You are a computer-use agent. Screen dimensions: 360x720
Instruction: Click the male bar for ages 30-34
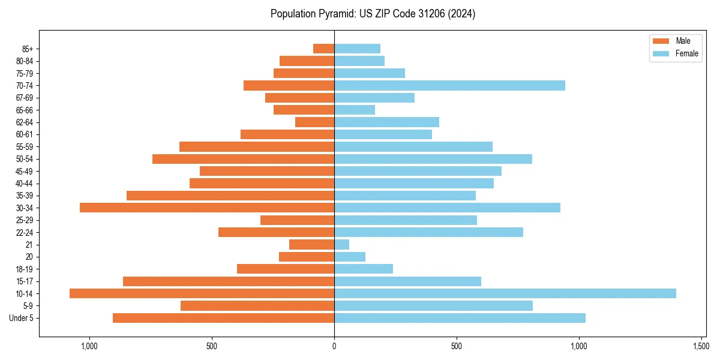[x=207, y=208]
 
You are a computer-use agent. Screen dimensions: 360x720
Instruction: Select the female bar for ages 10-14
[x=505, y=293]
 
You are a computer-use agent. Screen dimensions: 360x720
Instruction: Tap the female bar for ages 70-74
[x=449, y=85]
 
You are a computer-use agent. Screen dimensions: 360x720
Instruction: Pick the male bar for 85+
[x=323, y=49]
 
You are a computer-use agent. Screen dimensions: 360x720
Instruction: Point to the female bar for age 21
[x=341, y=244]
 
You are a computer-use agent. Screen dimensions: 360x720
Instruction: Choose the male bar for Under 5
[x=223, y=318]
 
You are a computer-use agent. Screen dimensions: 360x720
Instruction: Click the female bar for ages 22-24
[x=428, y=232]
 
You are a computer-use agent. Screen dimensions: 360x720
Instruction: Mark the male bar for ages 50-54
[x=243, y=159]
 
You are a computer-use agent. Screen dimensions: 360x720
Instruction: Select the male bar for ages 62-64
[x=314, y=122]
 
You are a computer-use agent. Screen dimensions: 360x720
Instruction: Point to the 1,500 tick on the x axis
[x=701, y=346]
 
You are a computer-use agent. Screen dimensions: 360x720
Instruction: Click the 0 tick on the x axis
[x=334, y=346]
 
